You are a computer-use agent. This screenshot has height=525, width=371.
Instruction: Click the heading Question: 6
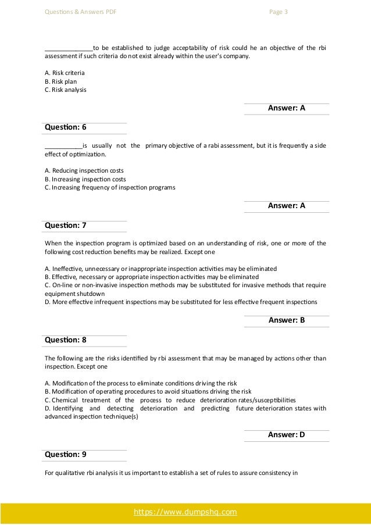(x=65, y=128)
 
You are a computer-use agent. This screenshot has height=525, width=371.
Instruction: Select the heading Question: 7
(x=65, y=225)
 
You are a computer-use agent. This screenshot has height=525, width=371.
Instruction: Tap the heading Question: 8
(x=65, y=340)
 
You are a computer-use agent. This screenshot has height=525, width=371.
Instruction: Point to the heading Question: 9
(x=65, y=454)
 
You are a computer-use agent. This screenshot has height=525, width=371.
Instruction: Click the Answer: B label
(x=286, y=320)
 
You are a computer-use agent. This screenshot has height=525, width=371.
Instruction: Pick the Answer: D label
(x=286, y=434)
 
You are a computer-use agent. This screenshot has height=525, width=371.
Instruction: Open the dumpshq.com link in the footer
(x=185, y=512)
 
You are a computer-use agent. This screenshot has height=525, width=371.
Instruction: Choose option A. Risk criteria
(x=65, y=73)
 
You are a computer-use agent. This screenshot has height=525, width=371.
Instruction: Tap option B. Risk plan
(x=60, y=81)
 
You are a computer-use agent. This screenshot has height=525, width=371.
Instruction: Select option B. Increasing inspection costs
(x=85, y=179)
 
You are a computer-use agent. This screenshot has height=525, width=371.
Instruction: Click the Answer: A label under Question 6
(x=286, y=205)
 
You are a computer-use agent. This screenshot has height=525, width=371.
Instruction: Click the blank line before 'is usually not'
(x=63, y=146)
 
